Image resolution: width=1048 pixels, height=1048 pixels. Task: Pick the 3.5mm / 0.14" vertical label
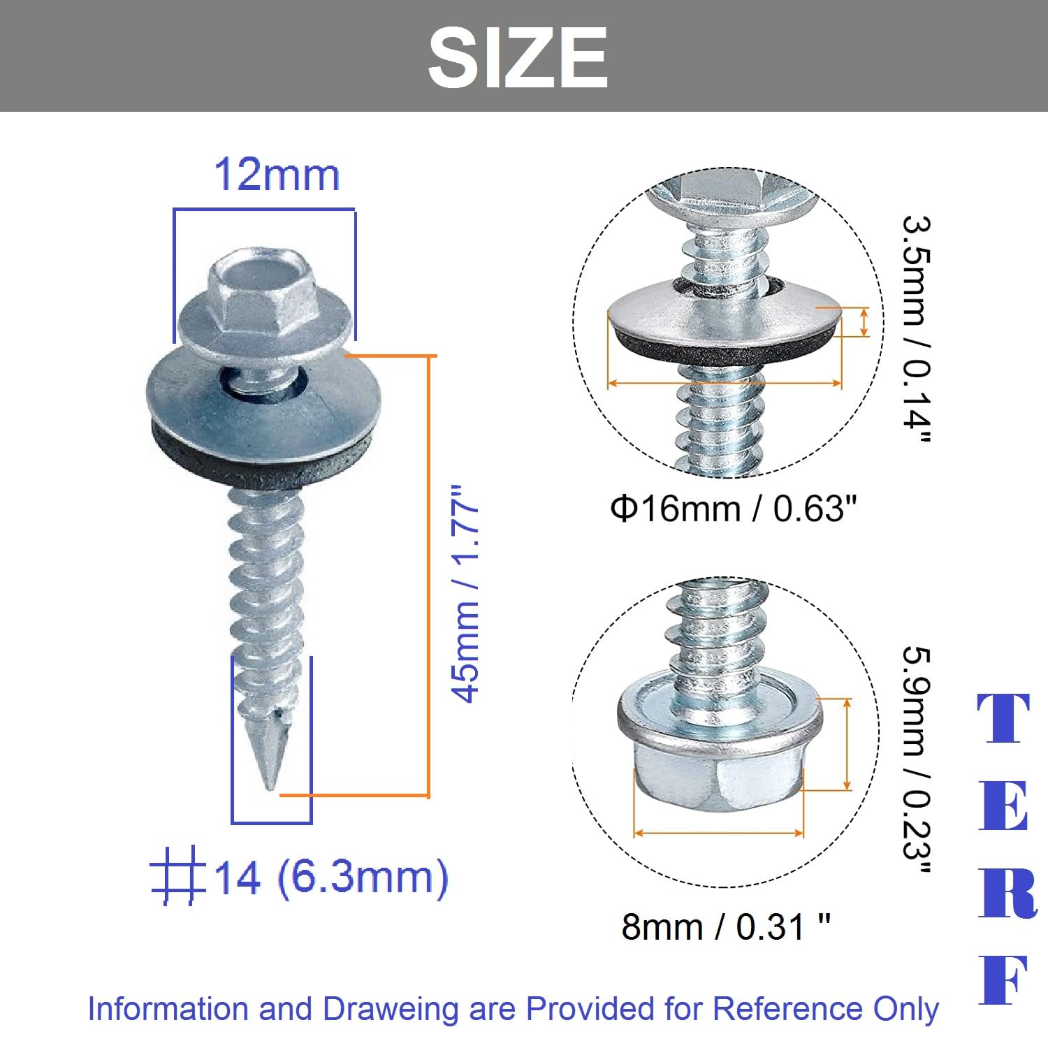[x=916, y=328]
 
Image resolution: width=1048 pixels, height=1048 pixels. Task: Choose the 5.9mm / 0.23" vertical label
[x=916, y=761]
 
